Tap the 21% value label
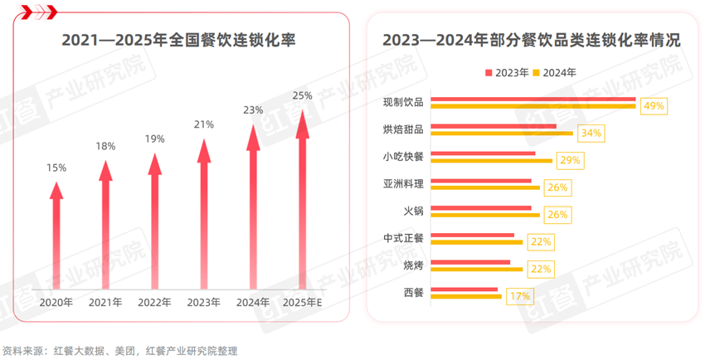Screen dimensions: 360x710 [204, 124]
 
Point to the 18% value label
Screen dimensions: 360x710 [105, 146]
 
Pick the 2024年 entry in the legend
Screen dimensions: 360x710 [554, 72]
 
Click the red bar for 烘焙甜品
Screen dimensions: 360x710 [494, 126]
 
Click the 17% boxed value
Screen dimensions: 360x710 [521, 295]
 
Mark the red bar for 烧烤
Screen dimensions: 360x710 [471, 261]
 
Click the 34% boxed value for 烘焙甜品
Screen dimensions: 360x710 [591, 133]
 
